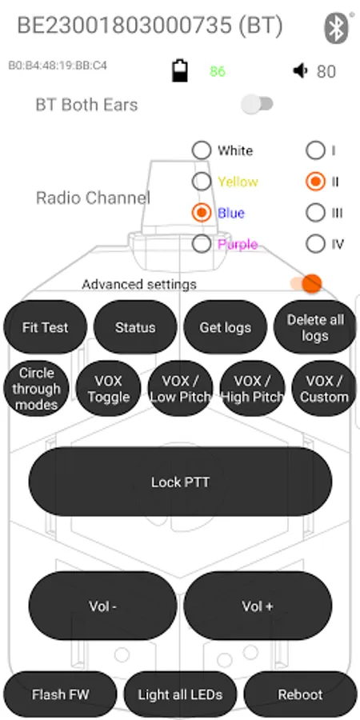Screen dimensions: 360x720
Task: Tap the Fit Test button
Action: coord(45,327)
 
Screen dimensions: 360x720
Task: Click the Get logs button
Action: coord(225,327)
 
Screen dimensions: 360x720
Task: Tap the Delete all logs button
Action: coord(315,327)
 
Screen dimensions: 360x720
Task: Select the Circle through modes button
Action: coord(36,389)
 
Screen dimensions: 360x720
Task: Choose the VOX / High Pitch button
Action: coord(253,389)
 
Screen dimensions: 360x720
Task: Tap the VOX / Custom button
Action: coord(324,389)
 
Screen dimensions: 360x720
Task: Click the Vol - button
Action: coord(103,606)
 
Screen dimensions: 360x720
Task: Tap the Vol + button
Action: coord(258,606)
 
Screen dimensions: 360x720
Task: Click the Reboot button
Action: coord(300,694)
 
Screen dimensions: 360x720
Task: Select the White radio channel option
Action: coord(202,150)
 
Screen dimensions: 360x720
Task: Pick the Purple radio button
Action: coord(202,244)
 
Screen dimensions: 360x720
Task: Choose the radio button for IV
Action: coord(315,244)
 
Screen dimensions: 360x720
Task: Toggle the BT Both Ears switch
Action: coord(257,104)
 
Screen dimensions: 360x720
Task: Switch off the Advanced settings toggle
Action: coord(306,283)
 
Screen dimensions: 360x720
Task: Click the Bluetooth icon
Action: coord(337,27)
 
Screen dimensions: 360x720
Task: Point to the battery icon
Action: coord(180,70)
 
